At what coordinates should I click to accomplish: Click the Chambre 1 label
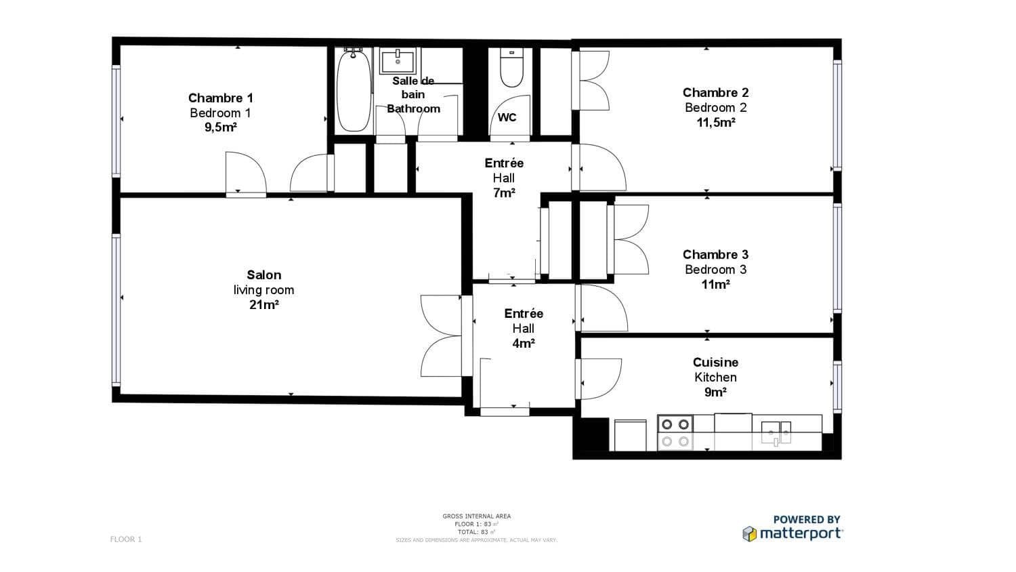point(220,98)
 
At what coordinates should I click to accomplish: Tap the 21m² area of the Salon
point(263,305)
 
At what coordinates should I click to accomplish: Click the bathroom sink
point(397,61)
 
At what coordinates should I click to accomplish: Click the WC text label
point(507,117)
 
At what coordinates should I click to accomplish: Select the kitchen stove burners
point(675,433)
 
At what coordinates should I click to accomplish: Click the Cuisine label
point(715,363)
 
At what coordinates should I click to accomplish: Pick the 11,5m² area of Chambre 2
point(716,123)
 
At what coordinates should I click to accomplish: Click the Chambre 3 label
point(715,255)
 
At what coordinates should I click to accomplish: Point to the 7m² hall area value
point(504,193)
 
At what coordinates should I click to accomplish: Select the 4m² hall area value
point(524,344)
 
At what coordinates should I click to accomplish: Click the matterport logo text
point(800,533)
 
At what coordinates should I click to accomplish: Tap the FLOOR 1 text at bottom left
point(126,539)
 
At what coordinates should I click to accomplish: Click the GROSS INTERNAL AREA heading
point(477,516)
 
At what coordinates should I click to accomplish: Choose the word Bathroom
point(413,109)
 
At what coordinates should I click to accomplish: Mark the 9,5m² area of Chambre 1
point(220,127)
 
